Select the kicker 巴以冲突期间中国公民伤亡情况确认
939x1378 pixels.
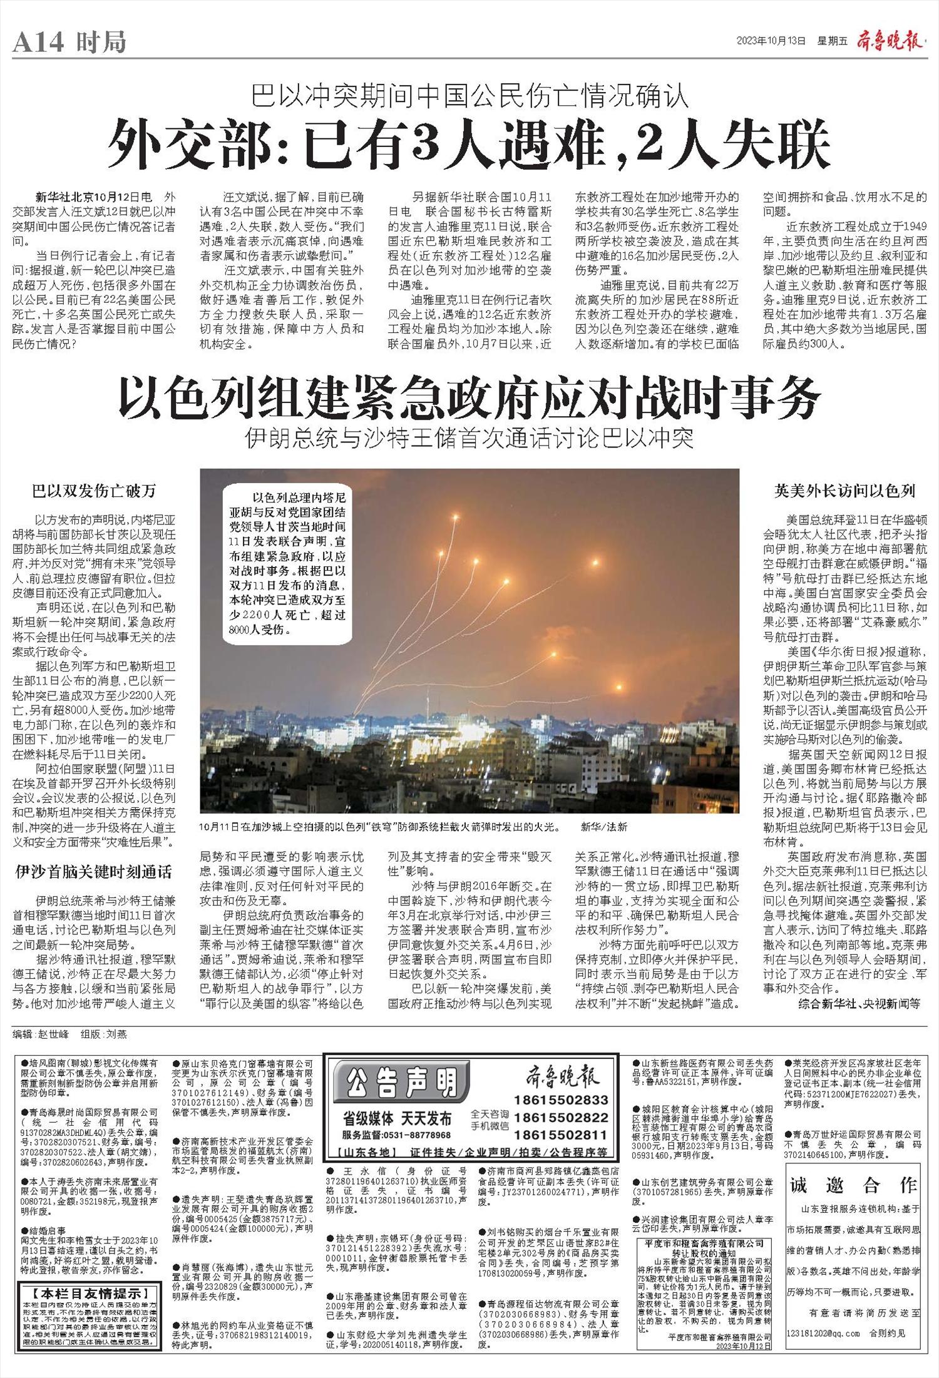[469, 96]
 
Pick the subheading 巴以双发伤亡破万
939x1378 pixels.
[94, 491]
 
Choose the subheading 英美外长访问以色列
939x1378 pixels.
[844, 491]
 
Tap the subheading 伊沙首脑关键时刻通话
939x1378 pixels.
[94, 872]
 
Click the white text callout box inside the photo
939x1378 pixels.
[287, 564]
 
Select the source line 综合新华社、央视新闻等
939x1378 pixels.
[859, 1003]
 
